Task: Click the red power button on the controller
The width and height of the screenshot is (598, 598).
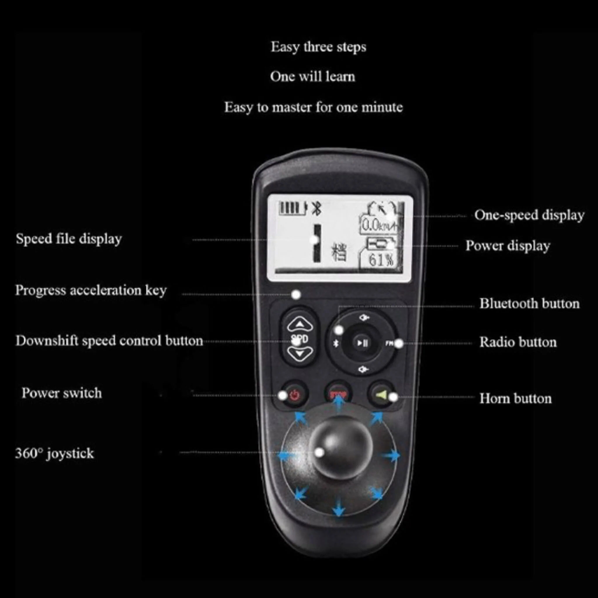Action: [294, 395]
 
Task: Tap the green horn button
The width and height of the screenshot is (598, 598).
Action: [381, 395]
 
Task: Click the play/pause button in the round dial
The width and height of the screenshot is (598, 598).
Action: [362, 343]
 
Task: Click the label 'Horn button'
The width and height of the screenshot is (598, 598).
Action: [515, 399]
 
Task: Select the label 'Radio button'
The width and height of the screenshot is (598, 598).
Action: [518, 342]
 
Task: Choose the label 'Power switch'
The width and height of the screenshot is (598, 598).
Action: [62, 393]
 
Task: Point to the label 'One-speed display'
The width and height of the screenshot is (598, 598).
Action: [529, 215]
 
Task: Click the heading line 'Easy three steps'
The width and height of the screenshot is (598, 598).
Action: [318, 47]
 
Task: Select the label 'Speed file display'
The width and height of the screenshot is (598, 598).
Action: [69, 239]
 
